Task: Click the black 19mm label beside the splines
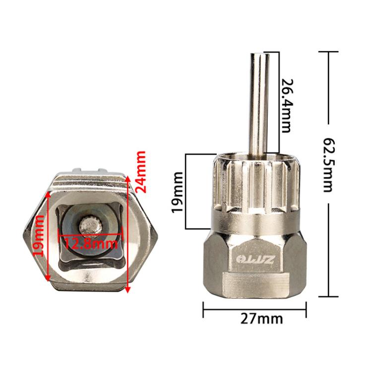click(x=178, y=191)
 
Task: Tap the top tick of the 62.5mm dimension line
click(x=328, y=52)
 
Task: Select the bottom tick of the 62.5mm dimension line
click(x=328, y=296)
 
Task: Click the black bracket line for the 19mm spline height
click(x=187, y=191)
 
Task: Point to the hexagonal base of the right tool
click(x=255, y=268)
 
